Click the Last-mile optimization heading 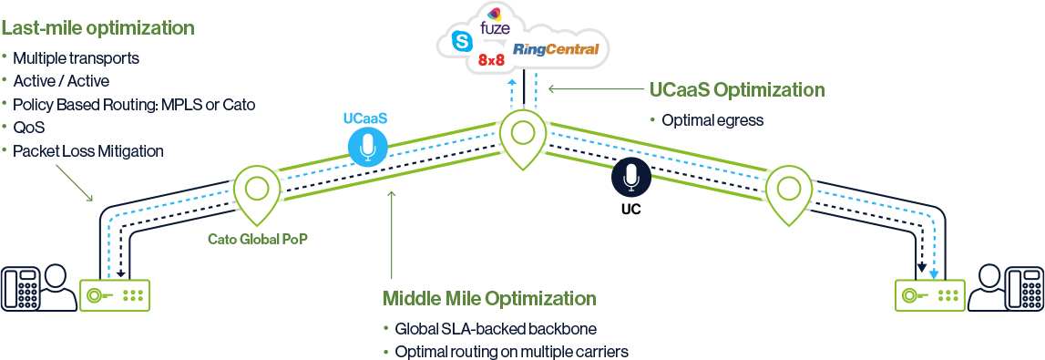97,28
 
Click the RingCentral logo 556,49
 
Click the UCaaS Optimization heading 737,90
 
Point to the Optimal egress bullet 712,120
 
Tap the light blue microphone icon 367,146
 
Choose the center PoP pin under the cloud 521,137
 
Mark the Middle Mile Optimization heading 489,299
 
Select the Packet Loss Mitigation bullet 88,151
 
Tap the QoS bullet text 29,128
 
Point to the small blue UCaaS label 364,118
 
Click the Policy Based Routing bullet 134,105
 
